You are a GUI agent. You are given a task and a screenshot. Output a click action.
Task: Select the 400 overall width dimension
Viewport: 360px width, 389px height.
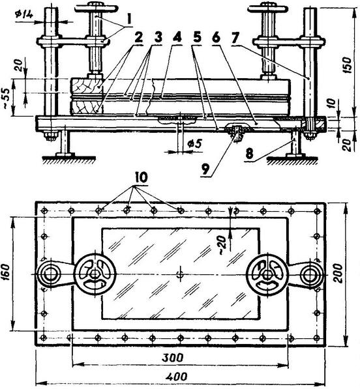[176, 377]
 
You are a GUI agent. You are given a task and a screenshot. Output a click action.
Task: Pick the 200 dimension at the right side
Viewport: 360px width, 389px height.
[338, 273]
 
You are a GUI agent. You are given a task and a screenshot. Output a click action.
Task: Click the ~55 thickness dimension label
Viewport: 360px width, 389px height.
[7, 97]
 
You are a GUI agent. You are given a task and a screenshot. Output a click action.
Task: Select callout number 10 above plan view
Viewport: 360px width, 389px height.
[140, 177]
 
